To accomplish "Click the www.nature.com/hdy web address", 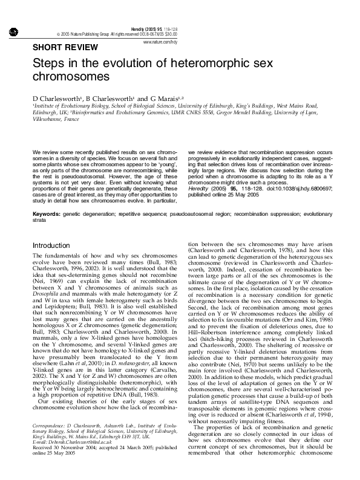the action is click(x=160, y=42).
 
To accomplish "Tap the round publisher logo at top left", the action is click(x=13, y=31).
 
